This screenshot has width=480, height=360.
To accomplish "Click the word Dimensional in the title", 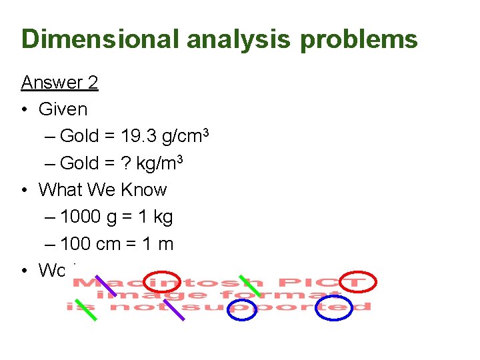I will tap(101, 39).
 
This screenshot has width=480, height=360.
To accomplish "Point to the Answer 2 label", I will tap(59, 82).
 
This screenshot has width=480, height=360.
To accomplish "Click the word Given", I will tap(63, 109).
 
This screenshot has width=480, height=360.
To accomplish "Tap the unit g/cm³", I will tap(183, 136).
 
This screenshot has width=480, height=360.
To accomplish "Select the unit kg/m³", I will tap(161, 163).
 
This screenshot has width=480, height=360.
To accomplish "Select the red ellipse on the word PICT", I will tap(358, 282).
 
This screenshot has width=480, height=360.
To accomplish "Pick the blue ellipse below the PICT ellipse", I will tap(333, 308).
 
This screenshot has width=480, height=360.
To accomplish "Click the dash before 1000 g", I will tap(51, 217).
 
